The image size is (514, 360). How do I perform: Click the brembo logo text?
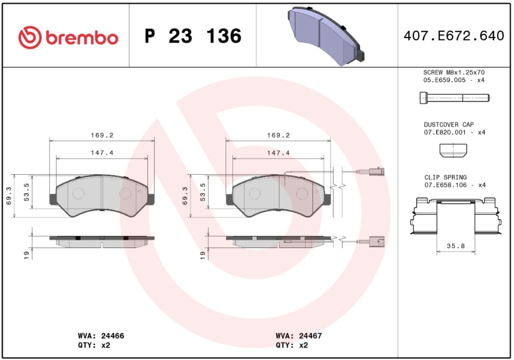click(x=82, y=38)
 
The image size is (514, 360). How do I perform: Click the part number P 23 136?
click(x=193, y=36)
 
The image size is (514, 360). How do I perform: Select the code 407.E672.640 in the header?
click(x=454, y=36)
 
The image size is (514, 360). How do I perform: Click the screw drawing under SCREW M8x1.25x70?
click(x=454, y=98)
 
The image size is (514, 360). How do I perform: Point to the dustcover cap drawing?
click(x=453, y=151)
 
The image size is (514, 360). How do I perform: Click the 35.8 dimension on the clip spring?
click(x=456, y=246)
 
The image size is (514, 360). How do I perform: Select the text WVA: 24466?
click(x=101, y=336)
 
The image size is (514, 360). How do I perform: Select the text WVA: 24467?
click(x=299, y=336)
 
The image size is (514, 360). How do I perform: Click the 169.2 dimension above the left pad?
click(x=102, y=136)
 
